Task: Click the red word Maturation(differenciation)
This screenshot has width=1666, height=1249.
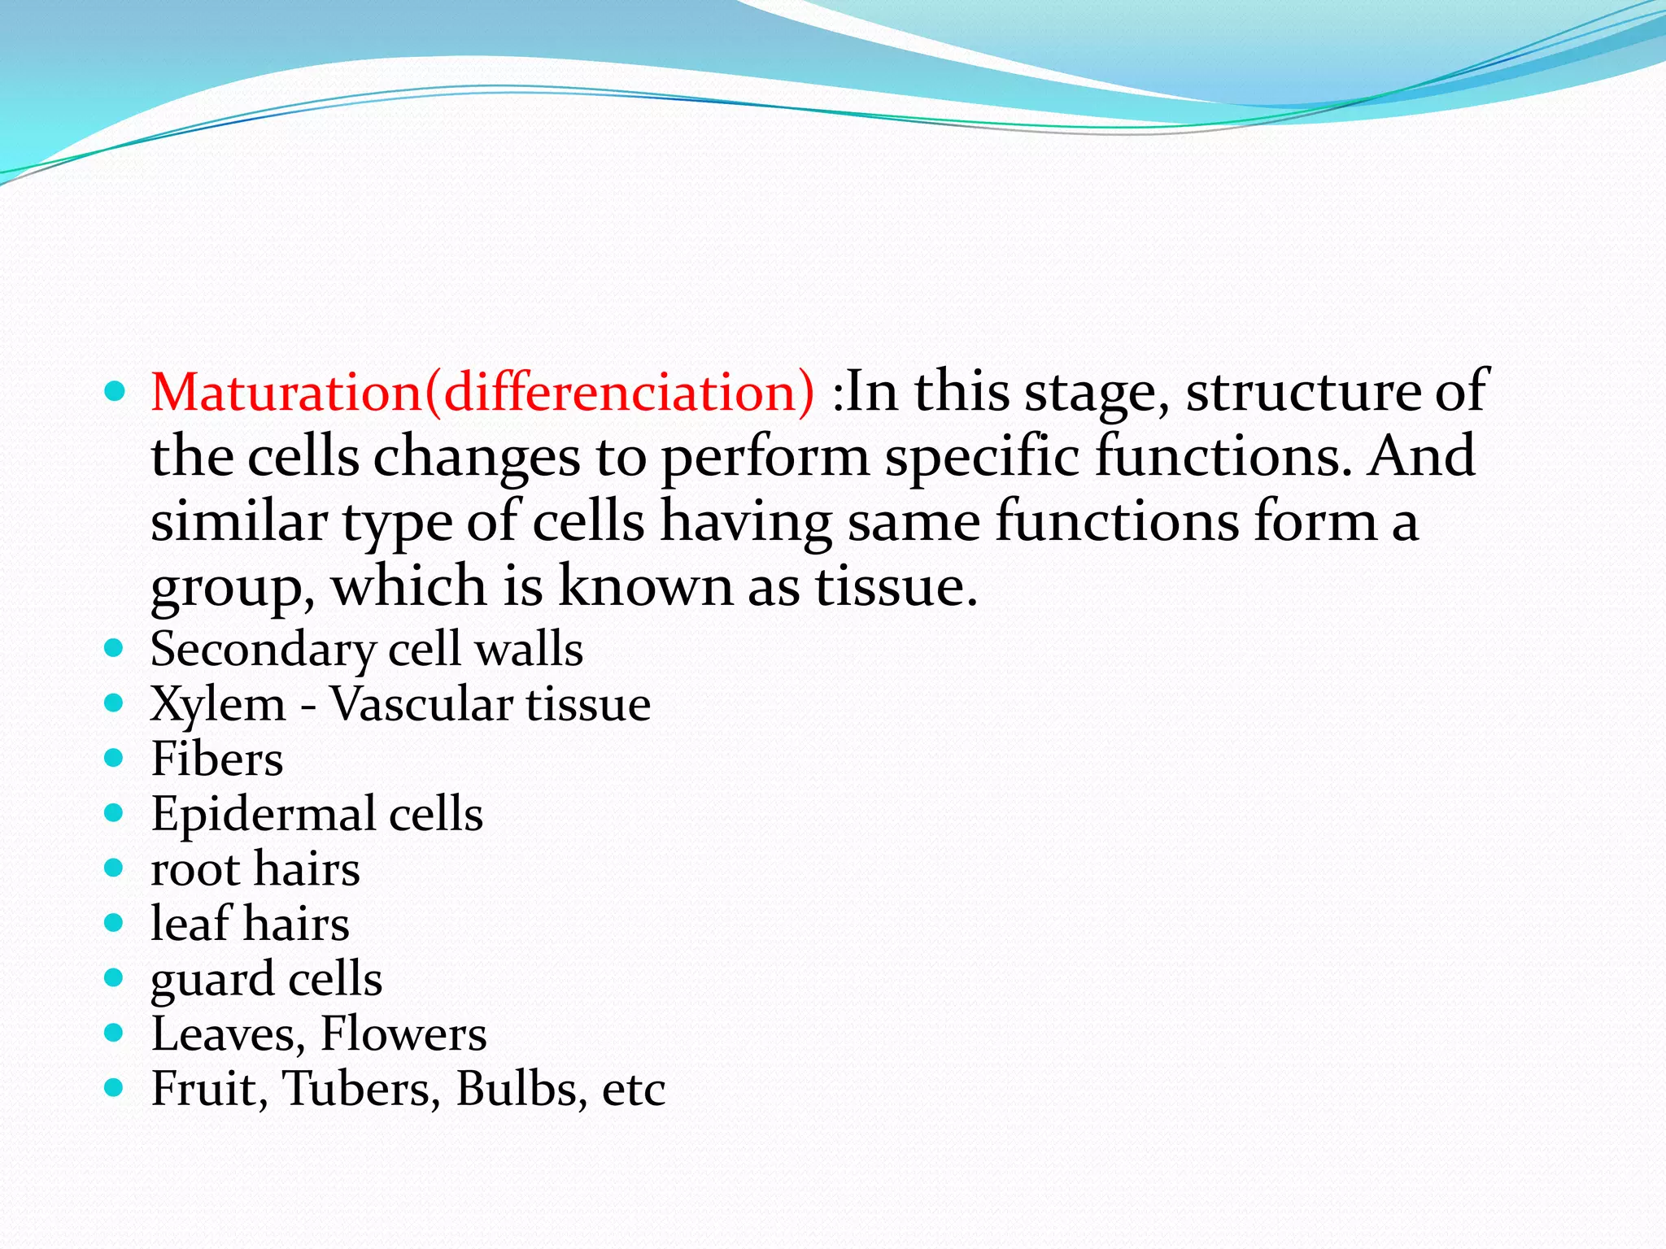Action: pyautogui.click(x=482, y=392)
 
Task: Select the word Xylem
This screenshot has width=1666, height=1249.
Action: pyautogui.click(x=218, y=704)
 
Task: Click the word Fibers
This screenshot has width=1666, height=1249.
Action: pyautogui.click(x=217, y=759)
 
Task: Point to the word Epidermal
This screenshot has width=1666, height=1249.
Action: pyautogui.click(x=263, y=814)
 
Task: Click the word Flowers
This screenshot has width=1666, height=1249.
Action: pyautogui.click(x=403, y=1034)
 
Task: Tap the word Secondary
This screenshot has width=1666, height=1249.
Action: pyautogui.click(x=263, y=651)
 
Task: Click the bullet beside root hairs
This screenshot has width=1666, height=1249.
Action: pyautogui.click(x=114, y=868)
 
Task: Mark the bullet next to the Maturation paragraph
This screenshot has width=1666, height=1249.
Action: pyautogui.click(x=115, y=393)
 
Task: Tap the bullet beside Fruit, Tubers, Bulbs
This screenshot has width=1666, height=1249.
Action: pyautogui.click(x=114, y=1088)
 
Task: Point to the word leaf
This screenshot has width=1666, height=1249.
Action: pyautogui.click(x=190, y=924)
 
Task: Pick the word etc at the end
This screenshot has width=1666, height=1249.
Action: pyautogui.click(x=633, y=1090)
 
